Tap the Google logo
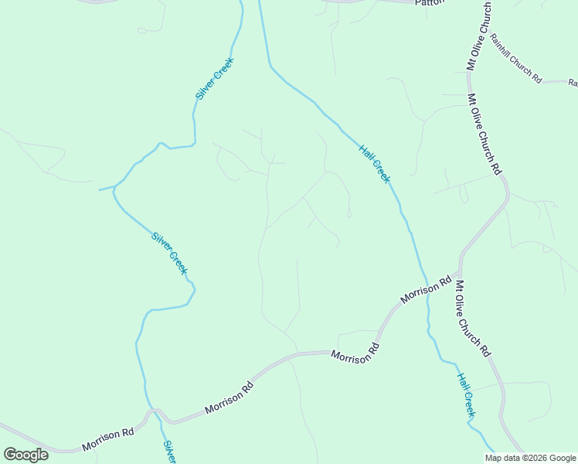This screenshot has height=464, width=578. [x=25, y=455]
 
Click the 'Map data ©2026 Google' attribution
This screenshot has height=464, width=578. [x=530, y=458]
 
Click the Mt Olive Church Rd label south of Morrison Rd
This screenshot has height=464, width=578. [x=472, y=319]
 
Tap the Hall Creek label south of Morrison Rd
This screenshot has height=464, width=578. [x=465, y=396]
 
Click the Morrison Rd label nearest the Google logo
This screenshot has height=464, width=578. [x=108, y=440]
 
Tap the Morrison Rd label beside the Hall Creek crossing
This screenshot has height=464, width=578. [x=426, y=288]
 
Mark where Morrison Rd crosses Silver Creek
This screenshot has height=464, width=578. [x=155, y=411]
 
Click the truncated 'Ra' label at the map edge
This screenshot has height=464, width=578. [x=573, y=83]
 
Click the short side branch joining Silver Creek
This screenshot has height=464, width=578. [x=107, y=188]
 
